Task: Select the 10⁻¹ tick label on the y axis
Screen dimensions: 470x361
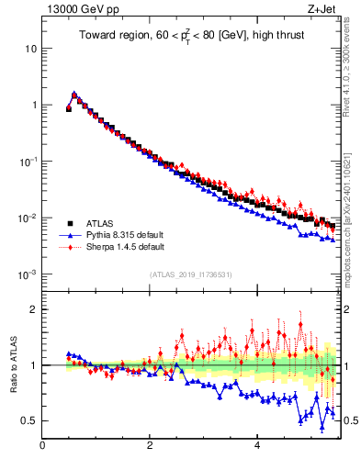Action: tap(28, 162)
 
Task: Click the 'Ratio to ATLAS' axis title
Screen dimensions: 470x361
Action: tap(12, 364)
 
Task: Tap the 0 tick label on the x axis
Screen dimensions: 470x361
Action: tap(42, 447)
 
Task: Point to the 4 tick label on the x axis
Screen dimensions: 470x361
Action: tap(257, 447)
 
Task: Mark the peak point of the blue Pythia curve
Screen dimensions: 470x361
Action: tap(74, 94)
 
